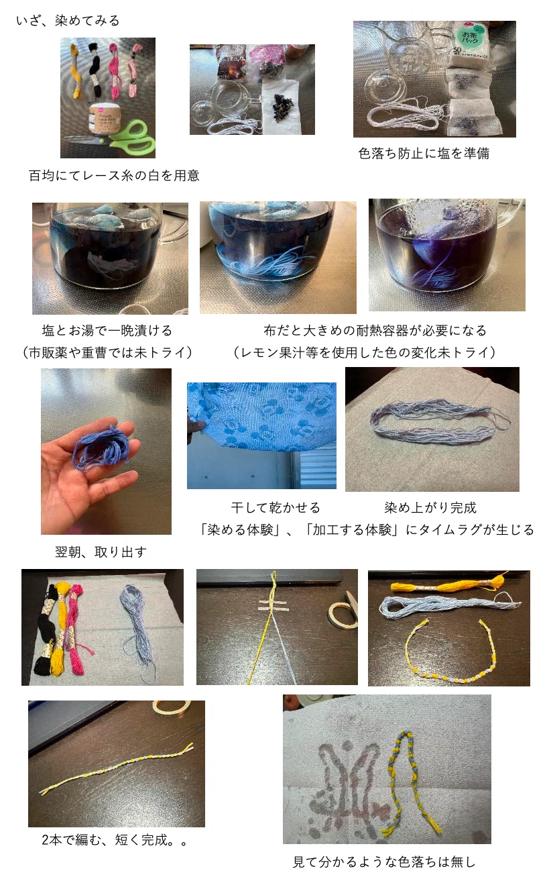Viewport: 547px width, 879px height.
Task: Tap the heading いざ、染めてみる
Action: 68,20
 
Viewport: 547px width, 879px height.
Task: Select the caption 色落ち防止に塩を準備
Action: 424,153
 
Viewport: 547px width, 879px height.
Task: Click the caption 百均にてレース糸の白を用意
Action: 114,175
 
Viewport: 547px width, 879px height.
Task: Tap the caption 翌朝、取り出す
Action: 101,552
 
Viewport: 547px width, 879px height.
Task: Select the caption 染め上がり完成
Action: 430,507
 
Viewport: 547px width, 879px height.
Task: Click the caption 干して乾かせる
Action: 276,507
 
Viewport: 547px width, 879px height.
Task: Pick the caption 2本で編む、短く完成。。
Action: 114,839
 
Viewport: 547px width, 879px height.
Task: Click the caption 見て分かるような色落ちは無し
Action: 384,862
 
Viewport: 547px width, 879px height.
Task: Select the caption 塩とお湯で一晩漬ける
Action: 107,330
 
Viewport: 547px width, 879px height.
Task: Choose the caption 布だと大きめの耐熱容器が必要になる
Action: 375,330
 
